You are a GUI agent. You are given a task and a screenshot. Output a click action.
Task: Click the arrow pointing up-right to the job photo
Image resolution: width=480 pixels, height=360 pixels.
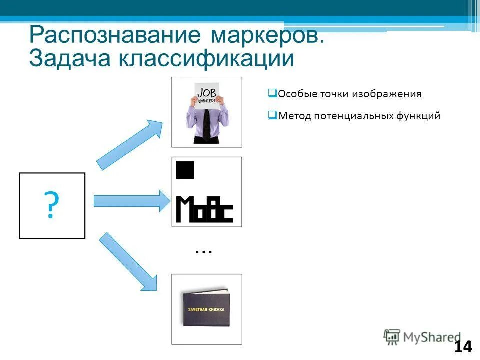pyautogui.click(x=129, y=145)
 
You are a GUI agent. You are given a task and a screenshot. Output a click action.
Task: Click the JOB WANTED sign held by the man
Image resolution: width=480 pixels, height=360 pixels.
pyautogui.click(x=207, y=95)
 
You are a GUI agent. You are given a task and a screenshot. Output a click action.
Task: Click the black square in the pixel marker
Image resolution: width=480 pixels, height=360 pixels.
pyautogui.click(x=184, y=170)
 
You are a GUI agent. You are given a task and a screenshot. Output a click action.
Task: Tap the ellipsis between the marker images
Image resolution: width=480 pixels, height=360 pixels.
pyautogui.click(x=204, y=251)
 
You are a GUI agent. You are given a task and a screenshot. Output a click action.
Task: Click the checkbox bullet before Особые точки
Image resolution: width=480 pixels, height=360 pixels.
pyautogui.click(x=272, y=93)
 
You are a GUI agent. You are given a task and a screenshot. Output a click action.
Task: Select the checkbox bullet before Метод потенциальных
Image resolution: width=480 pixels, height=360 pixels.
pyautogui.click(x=272, y=115)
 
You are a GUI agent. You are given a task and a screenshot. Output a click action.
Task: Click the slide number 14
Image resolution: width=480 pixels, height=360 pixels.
pyautogui.click(x=463, y=346)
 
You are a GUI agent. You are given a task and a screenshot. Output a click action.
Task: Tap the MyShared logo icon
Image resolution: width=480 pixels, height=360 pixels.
pyautogui.click(x=392, y=337)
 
